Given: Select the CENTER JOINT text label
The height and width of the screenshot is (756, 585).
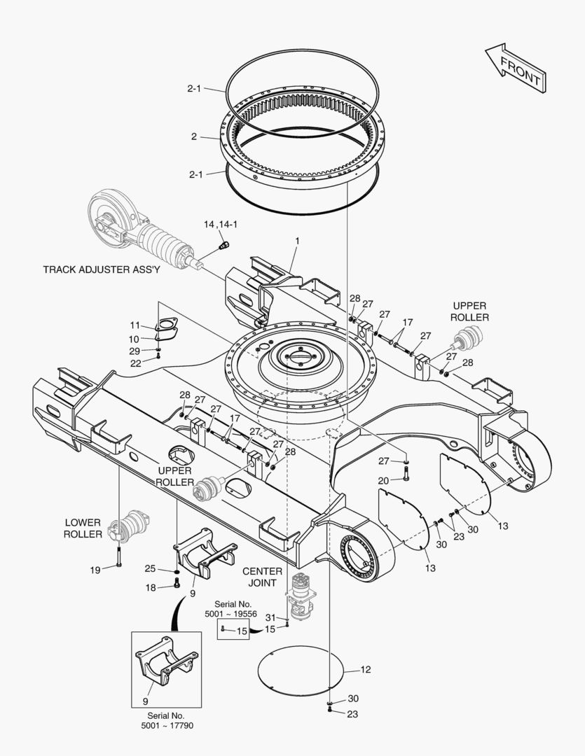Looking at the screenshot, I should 263,577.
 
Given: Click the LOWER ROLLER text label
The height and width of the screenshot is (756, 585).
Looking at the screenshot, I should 83,528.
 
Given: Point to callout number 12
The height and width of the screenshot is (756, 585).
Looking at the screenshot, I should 365,670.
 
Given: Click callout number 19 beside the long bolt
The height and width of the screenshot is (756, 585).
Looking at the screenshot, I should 95,570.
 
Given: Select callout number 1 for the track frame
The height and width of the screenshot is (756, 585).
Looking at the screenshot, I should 297,241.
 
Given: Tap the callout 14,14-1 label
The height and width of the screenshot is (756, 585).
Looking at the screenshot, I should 220,225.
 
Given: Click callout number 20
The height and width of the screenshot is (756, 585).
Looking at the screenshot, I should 383,480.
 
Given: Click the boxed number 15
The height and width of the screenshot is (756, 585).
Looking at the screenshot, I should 241,631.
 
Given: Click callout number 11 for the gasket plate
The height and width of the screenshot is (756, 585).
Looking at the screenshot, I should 135,325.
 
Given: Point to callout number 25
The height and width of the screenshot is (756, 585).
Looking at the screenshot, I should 150,568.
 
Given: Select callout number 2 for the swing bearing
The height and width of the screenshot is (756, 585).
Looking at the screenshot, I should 193,136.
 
